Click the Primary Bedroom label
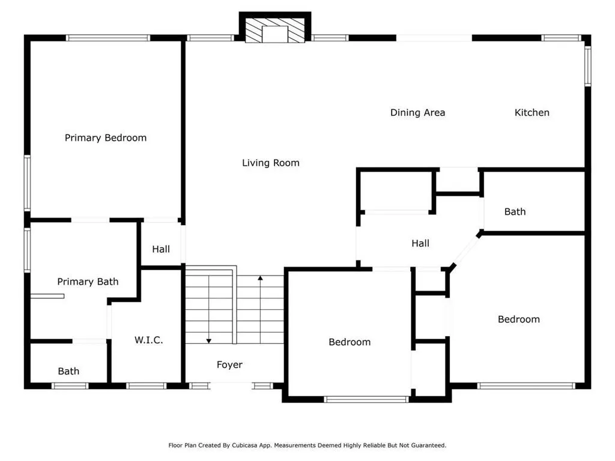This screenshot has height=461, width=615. click(x=106, y=138)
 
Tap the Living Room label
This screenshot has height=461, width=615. click(x=271, y=163)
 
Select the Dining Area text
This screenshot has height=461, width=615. click(x=418, y=113)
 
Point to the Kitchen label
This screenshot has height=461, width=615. click(x=532, y=112)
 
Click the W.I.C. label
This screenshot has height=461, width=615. click(x=149, y=340)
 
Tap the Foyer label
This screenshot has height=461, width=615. click(x=229, y=365)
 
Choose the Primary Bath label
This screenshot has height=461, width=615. click(x=88, y=282)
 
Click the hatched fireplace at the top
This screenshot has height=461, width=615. click(x=275, y=30)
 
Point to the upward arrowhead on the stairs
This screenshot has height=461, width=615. click(x=260, y=278)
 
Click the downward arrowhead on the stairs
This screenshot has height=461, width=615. click(x=209, y=341)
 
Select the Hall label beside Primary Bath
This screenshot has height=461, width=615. click(x=161, y=249)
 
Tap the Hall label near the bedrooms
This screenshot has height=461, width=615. click(x=420, y=244)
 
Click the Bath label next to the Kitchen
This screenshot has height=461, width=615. click(x=515, y=212)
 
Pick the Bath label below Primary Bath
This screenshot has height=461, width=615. click(x=68, y=371)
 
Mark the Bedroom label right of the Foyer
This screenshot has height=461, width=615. click(x=350, y=342)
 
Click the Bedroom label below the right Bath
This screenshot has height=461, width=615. click(x=519, y=319)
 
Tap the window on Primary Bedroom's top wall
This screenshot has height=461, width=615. click(x=108, y=38)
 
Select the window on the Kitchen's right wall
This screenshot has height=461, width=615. click(x=588, y=66)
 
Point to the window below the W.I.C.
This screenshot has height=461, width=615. click(x=147, y=386)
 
